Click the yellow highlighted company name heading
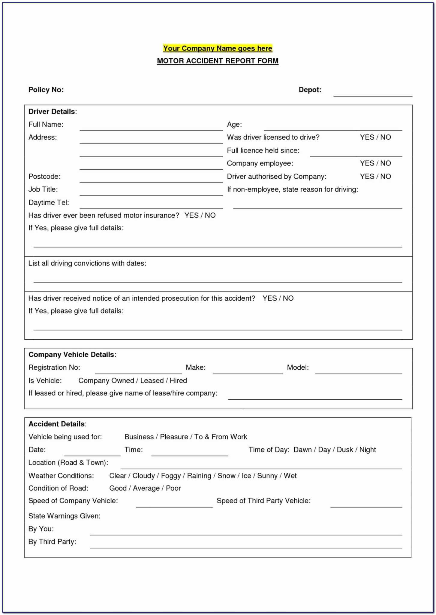coord(218,48)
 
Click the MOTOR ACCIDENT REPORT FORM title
coord(218,61)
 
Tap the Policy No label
coord(46,90)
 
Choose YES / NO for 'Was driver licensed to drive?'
coord(375,137)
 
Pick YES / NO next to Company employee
coord(375,163)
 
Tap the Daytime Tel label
coord(49,203)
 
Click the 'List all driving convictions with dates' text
coord(87,263)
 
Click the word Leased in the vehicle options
coord(152,381)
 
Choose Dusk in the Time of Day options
coord(345,450)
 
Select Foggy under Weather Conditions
coord(171,476)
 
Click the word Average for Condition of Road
coord(146,489)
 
